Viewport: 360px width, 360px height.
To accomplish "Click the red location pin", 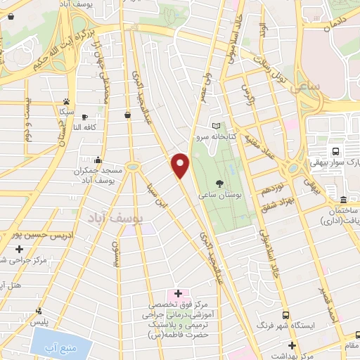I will pyautogui.click(x=181, y=165).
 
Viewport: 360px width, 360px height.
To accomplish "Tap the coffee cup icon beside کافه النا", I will pyautogui.click(x=85, y=117).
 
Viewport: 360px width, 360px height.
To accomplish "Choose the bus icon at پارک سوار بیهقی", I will pyautogui.click(x=336, y=151).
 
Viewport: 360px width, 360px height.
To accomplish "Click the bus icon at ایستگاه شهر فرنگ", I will pyautogui.click(x=285, y=316).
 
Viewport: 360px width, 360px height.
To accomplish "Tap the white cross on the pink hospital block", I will pyautogui.click(x=177, y=293).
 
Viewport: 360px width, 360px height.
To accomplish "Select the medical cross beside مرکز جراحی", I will pyautogui.click(x=20, y=249).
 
